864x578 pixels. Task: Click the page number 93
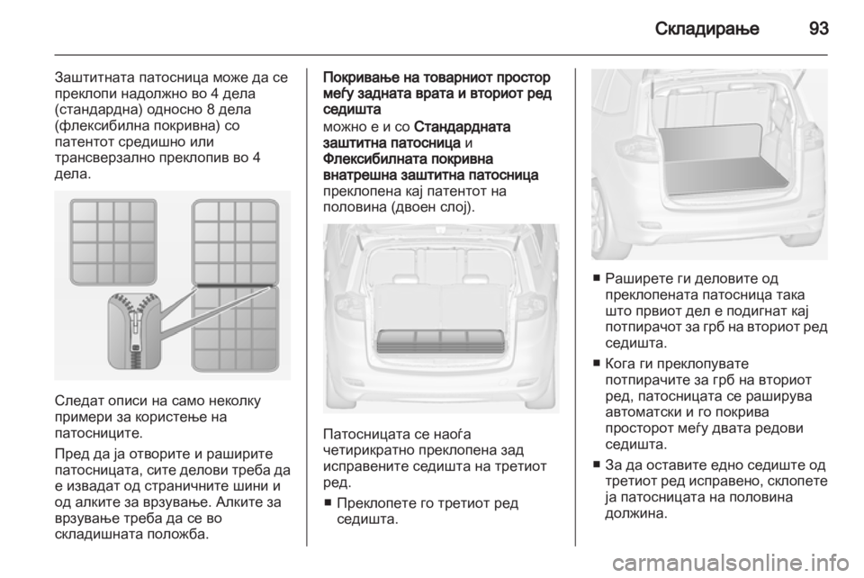point(819,28)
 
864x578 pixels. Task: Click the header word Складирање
point(707,29)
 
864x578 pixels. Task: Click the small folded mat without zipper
point(113,242)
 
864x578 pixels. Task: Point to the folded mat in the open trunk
point(440,341)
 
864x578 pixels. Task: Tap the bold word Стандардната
point(462,127)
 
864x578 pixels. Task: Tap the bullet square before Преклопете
point(329,503)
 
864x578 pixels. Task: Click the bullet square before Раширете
point(597,277)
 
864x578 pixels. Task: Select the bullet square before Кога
point(597,364)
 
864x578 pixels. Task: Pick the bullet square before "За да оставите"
point(597,465)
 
